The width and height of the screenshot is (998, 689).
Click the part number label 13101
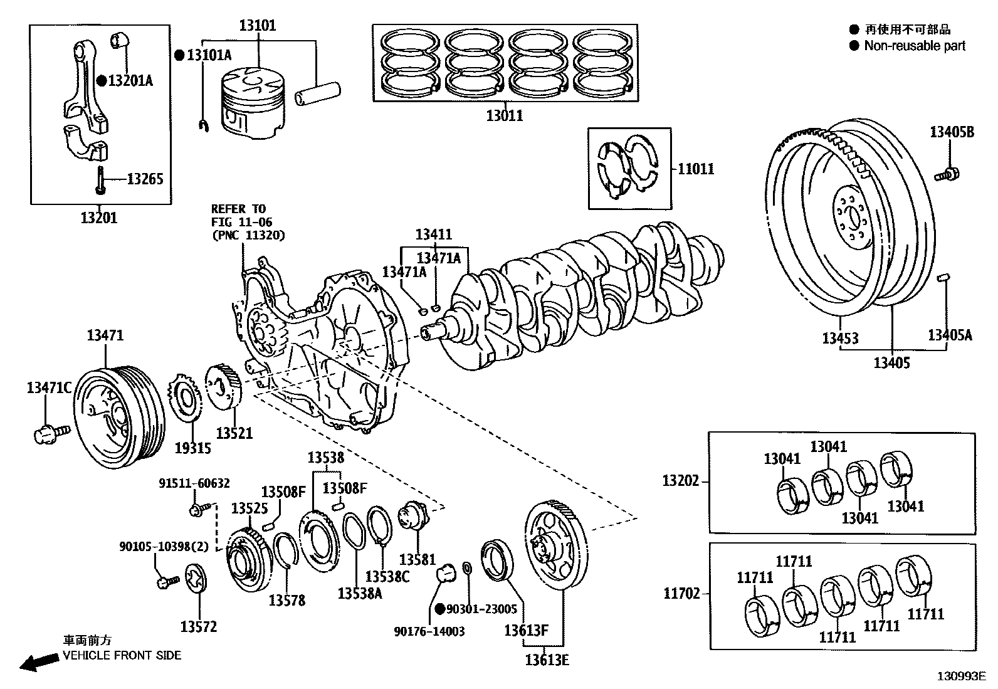click(x=257, y=26)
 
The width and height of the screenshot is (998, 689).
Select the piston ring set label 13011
click(x=504, y=115)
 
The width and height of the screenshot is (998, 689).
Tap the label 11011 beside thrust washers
click(x=696, y=169)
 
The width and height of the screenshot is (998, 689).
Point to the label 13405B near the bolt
click(x=952, y=132)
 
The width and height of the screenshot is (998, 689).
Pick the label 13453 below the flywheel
click(x=840, y=339)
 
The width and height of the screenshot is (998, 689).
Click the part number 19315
click(x=192, y=448)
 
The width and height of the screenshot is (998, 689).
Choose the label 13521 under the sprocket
click(x=234, y=433)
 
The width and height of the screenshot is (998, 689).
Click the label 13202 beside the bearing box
click(x=680, y=481)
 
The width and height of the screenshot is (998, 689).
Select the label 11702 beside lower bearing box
click(x=681, y=593)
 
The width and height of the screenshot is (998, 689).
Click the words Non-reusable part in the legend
click(x=915, y=46)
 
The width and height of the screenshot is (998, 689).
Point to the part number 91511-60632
click(x=194, y=483)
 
